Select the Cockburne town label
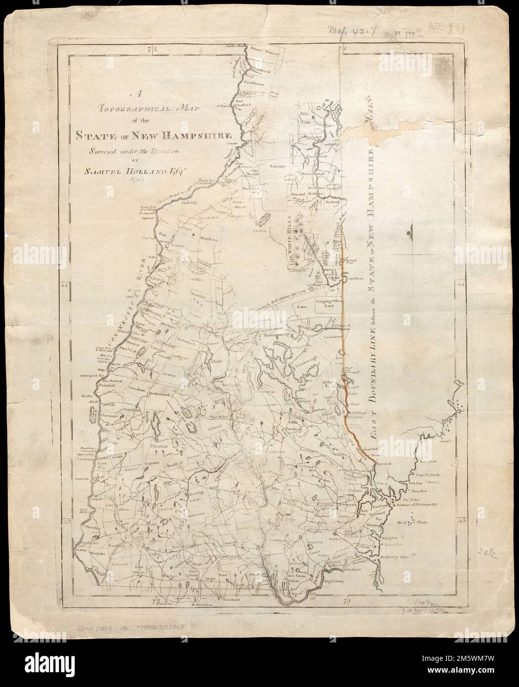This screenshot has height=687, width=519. [254, 84]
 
